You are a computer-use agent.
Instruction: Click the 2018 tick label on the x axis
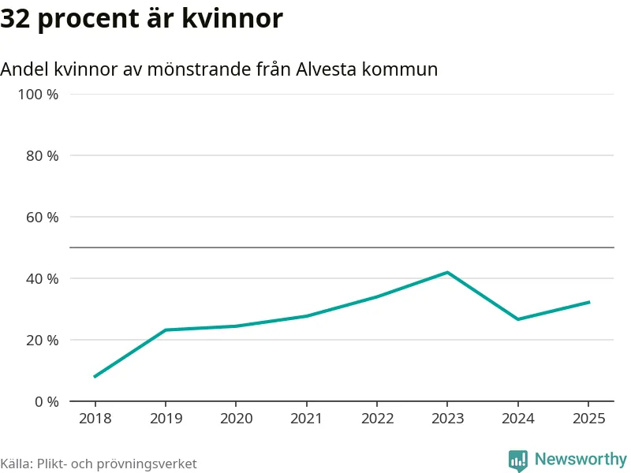95,418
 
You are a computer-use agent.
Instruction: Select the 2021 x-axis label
306,418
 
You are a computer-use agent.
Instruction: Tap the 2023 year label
447,418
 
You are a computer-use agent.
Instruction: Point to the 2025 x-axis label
588,418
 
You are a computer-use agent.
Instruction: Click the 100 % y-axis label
39,95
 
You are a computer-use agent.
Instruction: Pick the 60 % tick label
43,217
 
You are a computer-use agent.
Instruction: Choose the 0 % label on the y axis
47,401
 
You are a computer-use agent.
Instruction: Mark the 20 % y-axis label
43,340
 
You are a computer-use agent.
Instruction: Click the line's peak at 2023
447,273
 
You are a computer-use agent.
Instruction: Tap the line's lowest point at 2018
95,377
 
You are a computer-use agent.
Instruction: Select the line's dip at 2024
518,319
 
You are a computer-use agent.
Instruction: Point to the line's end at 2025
588,302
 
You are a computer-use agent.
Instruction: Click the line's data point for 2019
165,330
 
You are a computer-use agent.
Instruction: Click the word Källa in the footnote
15,464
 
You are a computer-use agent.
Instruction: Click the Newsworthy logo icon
518,460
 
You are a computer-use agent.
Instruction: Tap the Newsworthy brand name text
581,459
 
